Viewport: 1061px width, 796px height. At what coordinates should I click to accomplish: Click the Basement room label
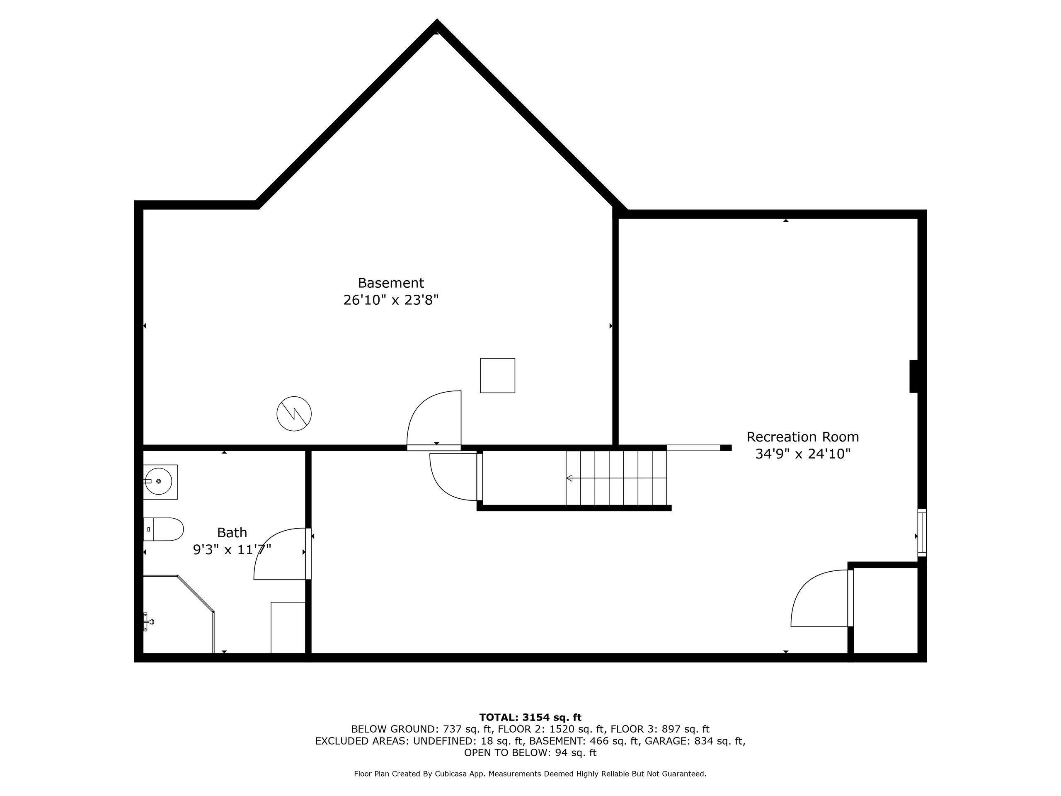click(391, 283)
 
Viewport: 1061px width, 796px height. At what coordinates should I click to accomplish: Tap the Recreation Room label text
click(802, 437)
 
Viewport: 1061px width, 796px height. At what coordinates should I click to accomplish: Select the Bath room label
click(232, 533)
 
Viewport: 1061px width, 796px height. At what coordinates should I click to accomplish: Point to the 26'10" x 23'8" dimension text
click(391, 300)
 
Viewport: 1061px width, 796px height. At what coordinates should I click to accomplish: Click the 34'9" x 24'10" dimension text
click(802, 454)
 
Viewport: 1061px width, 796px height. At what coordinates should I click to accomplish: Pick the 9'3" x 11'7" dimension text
click(232, 550)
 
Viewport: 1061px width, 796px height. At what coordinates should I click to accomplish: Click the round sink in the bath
click(158, 481)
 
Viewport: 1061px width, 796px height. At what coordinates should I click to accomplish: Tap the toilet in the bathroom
click(163, 529)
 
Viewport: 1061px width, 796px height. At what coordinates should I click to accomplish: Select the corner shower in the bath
click(179, 614)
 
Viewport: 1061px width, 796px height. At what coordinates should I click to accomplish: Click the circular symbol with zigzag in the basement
click(294, 414)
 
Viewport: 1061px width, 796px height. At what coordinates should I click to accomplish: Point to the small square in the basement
click(497, 376)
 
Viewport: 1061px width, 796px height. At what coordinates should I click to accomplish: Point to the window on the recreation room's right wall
click(922, 533)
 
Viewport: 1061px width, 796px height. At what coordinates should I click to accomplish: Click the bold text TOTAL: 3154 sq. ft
click(530, 717)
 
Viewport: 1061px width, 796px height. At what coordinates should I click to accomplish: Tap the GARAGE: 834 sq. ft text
click(695, 741)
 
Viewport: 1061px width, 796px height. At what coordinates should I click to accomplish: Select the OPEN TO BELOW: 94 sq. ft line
click(530, 753)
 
